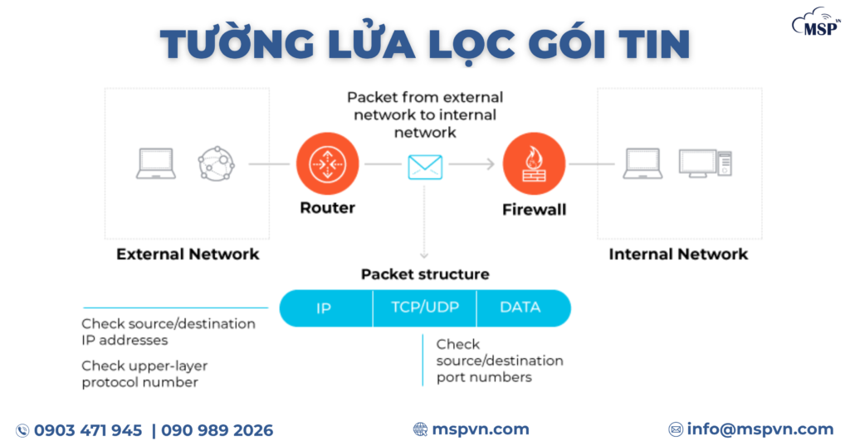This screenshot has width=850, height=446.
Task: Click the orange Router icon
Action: tap(327, 164)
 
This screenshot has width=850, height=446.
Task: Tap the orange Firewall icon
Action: tap(534, 164)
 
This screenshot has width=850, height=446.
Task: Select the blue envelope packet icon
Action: tap(425, 167)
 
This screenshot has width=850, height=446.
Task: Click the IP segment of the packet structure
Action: tap(324, 308)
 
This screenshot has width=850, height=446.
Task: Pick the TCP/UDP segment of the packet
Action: tap(424, 308)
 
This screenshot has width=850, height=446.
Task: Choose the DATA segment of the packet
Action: tap(520, 308)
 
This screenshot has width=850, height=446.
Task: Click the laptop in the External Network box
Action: tap(155, 164)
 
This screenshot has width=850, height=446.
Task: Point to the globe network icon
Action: tap(217, 164)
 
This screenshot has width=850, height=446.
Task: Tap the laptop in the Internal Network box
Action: tap(642, 164)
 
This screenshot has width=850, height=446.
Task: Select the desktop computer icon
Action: tap(705, 163)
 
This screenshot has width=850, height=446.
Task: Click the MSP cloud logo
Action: tap(817, 23)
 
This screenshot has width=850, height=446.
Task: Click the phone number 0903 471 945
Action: tap(88, 430)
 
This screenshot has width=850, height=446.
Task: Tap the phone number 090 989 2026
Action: tap(217, 430)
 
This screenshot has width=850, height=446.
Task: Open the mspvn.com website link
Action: tap(480, 429)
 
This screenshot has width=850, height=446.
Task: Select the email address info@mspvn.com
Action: tap(760, 429)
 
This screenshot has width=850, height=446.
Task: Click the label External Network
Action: tap(188, 255)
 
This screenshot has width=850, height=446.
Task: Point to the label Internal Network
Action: tap(678, 255)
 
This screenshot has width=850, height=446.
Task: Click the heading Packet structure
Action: tap(425, 274)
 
